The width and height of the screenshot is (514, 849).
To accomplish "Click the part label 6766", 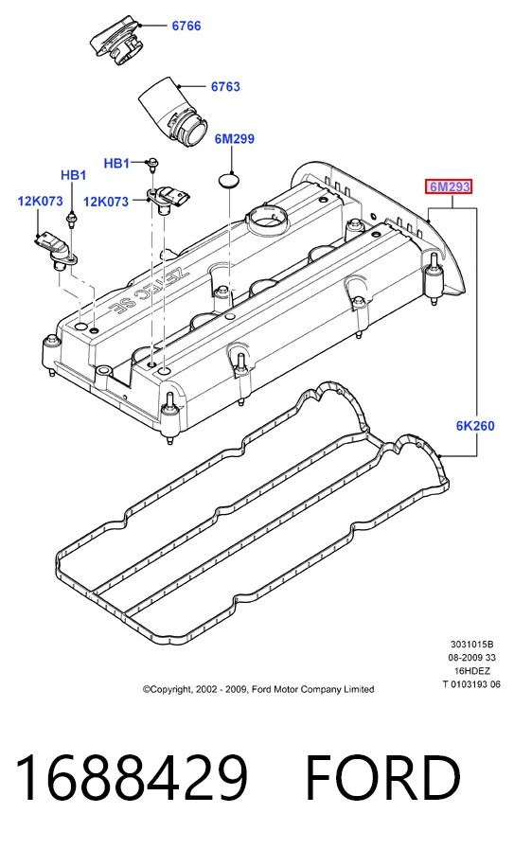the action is (186, 26).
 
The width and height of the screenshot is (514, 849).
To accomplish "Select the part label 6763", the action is (225, 87).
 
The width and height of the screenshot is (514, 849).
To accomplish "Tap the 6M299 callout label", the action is (235, 139).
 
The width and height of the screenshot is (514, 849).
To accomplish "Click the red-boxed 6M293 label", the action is (449, 187).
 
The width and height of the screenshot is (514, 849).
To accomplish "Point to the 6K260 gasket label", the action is (475, 426).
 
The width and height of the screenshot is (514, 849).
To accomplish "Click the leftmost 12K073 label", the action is (40, 202).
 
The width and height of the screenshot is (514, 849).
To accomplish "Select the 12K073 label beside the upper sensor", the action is (106, 202).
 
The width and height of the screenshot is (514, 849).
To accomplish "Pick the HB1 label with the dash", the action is (117, 163).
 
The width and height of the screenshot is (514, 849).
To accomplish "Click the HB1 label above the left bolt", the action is (73, 175).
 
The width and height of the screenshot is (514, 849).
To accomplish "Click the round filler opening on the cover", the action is (267, 220).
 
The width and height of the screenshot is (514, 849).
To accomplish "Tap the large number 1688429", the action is (133, 778).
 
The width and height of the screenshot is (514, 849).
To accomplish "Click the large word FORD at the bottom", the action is (383, 778).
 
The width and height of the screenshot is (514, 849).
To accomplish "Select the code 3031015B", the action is (471, 645).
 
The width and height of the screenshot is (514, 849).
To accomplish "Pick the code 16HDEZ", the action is (472, 671).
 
